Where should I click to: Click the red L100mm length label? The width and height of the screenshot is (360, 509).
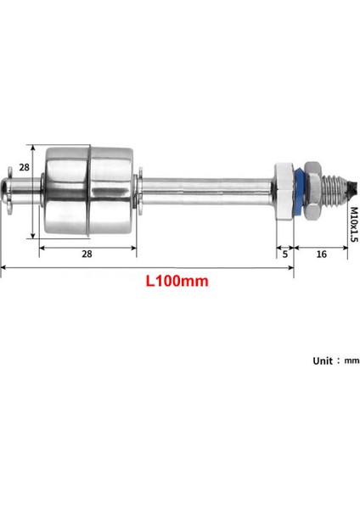pos(177,280)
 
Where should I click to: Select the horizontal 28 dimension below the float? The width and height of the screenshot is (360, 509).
pos(87,253)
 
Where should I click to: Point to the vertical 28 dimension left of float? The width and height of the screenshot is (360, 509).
pos(25,168)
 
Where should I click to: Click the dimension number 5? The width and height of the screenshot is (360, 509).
pos(284,253)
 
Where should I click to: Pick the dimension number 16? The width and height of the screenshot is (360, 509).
pos(322,253)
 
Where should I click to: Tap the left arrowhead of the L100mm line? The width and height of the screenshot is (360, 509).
pos(3,268)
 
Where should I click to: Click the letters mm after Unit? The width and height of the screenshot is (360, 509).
pos(352,361)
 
